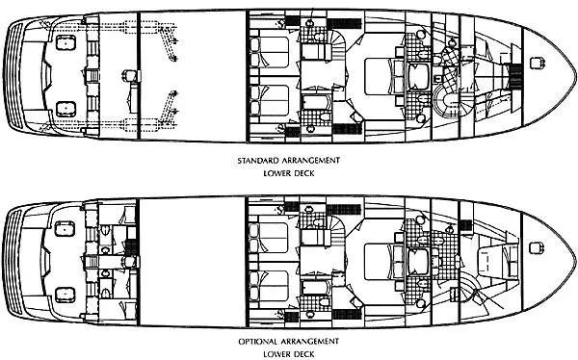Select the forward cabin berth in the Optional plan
tap(496, 255)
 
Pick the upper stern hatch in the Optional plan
tap(66, 228)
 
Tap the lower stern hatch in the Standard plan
tap(66, 107)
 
